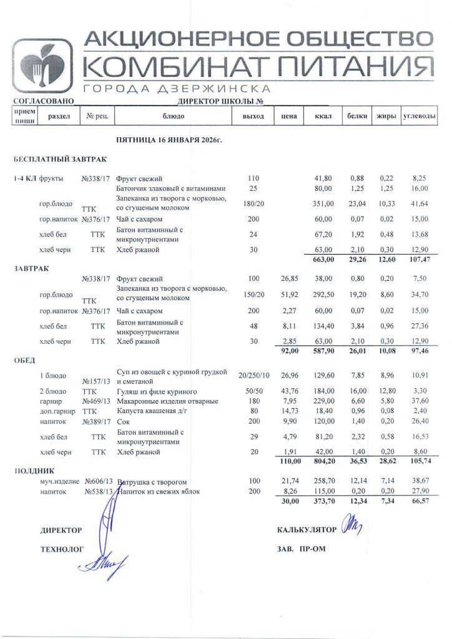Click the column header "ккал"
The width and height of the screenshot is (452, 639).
(x=322, y=116)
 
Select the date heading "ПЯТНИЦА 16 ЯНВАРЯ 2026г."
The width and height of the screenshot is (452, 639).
(x=169, y=141)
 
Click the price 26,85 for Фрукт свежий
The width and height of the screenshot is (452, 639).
(x=287, y=279)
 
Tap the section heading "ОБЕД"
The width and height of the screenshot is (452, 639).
(x=24, y=360)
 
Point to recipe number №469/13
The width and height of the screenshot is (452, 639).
(x=96, y=401)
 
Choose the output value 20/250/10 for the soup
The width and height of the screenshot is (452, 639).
(x=254, y=375)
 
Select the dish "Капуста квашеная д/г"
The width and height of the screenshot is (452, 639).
(x=150, y=411)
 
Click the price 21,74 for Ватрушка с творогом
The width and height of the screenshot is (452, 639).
(x=287, y=482)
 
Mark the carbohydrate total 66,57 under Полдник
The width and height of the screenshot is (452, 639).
(x=419, y=502)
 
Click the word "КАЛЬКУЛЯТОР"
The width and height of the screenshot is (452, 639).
(x=306, y=530)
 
